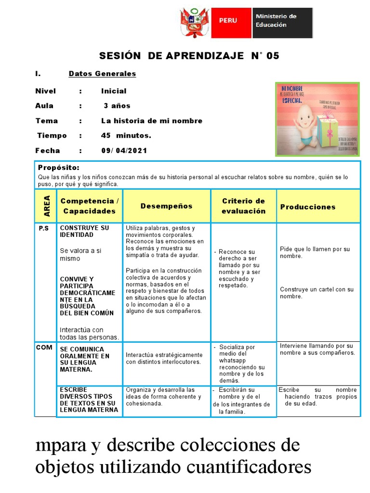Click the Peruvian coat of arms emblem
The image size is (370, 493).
click(196, 23)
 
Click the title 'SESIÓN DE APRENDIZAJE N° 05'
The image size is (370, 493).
click(189, 56)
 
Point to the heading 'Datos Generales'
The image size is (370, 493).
click(102, 74)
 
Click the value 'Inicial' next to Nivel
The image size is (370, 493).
click(114, 91)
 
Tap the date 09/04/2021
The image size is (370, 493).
click(124, 151)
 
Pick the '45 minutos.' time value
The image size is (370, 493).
click(126, 136)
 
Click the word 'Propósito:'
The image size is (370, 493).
click(58, 168)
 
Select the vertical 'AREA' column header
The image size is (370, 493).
click(46, 206)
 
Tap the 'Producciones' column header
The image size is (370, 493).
click(308, 207)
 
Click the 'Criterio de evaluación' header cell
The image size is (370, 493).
click(243, 206)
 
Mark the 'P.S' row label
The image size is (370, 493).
click(44, 228)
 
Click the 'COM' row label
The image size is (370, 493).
click(44, 347)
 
